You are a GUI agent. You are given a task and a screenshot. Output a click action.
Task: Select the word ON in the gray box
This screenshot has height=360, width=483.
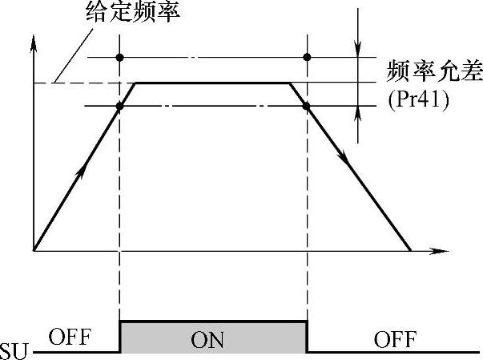212,340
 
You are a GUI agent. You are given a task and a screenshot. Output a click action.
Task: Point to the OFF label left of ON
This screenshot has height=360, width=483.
70,338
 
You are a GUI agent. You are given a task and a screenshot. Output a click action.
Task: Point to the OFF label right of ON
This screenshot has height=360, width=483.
395,340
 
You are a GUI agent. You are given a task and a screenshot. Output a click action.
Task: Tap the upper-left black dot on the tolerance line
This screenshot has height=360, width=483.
119,57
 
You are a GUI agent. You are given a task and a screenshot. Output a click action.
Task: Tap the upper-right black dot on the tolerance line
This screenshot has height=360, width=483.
307,57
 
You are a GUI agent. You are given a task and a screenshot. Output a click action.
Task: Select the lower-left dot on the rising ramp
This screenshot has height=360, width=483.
119,106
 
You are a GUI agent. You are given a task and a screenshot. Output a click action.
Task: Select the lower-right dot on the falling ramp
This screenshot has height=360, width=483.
307,106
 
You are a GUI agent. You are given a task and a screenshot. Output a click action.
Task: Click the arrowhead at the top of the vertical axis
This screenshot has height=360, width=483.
34,42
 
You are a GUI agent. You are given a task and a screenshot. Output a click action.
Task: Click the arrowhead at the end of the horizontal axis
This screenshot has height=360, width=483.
442,251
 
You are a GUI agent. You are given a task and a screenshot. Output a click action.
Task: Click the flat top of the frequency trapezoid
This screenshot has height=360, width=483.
212,82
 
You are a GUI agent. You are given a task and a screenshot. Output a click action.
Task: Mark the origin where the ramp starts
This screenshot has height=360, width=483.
34,250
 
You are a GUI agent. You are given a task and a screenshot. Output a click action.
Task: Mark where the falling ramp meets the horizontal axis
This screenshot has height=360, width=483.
411,250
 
